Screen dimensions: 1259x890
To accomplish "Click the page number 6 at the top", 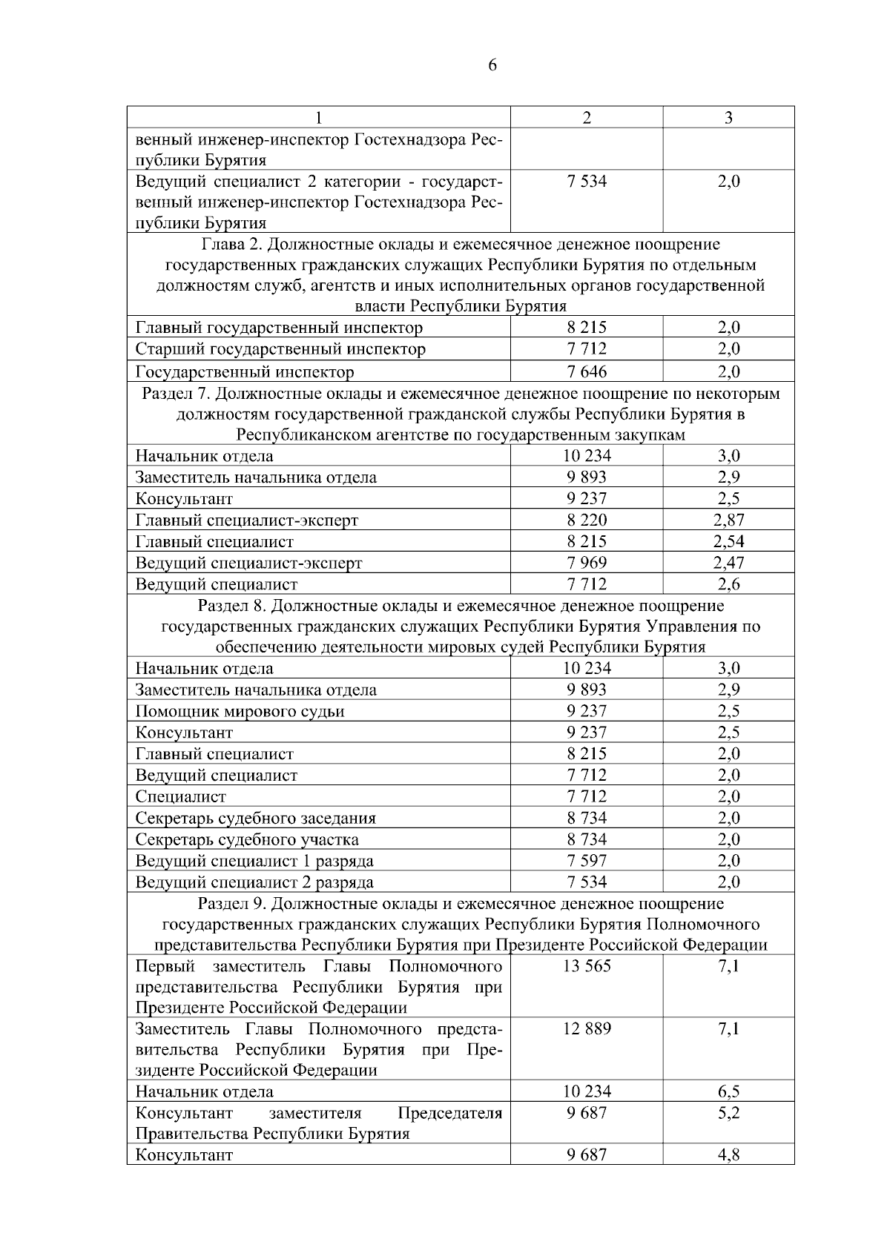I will click(492, 66).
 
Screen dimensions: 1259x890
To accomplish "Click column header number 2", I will click(587, 118).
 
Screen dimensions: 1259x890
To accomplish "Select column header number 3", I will click(728, 118).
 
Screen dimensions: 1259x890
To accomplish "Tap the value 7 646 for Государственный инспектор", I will click(587, 371).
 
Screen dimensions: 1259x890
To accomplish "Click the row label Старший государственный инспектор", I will click(280, 349).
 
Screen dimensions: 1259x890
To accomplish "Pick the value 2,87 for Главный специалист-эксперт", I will click(728, 520).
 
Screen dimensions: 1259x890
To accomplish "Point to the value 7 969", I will click(587, 563).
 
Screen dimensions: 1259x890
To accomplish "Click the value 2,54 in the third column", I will click(728, 541).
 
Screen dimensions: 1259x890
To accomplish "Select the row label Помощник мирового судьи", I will click(240, 712).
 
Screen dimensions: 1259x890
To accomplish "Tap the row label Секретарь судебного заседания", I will click(255, 819).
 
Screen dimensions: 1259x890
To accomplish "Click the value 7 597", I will click(587, 861).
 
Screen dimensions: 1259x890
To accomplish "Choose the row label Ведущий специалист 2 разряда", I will click(254, 882).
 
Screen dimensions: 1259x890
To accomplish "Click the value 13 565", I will click(587, 966).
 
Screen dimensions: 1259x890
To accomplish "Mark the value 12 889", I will click(587, 1028).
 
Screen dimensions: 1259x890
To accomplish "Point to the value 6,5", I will click(728, 1091).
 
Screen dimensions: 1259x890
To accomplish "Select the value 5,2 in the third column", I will click(728, 1113).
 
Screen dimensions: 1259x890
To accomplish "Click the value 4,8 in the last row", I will click(728, 1154).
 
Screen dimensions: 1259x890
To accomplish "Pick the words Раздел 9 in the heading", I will click(231, 903).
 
